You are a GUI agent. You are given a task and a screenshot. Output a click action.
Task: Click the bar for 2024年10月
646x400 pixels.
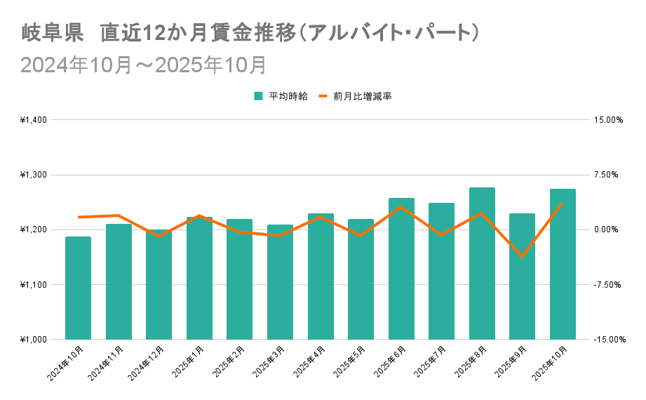(78, 288)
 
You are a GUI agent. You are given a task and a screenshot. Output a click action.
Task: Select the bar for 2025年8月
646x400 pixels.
(482, 263)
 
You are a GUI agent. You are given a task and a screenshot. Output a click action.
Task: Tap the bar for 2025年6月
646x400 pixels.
(401, 269)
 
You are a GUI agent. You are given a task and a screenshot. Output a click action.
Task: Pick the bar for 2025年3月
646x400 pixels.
(280, 282)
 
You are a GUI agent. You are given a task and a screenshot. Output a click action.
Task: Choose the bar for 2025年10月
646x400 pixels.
(563, 264)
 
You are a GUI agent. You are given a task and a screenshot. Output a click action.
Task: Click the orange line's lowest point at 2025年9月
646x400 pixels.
(522, 256)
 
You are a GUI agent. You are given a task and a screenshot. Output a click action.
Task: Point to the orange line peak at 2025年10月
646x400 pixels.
(563, 203)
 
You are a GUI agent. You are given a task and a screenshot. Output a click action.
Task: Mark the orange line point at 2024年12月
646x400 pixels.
(159, 236)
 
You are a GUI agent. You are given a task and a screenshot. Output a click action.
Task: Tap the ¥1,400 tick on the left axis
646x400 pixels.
(33, 120)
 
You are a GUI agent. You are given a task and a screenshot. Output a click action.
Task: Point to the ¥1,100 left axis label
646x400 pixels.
(33, 285)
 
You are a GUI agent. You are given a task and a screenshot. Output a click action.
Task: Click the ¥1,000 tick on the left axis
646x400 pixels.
(33, 340)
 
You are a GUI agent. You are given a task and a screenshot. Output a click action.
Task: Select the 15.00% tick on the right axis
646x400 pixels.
(608, 120)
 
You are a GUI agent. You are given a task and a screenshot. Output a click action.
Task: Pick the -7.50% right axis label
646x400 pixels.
(608, 285)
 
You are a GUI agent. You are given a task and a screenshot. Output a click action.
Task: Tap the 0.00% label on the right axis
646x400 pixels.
(608, 229)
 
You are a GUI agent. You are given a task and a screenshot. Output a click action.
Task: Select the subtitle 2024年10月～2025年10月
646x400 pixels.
(143, 65)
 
